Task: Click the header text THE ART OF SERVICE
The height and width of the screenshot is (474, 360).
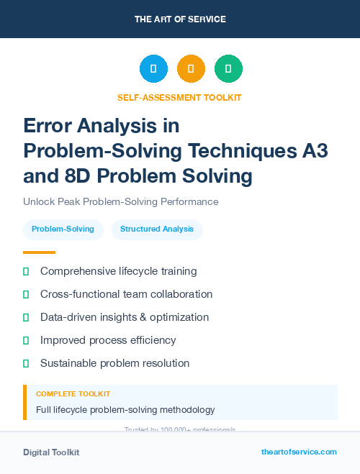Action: click(180, 19)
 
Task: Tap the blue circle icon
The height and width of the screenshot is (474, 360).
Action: click(153, 69)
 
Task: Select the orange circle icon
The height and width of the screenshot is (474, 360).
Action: click(191, 69)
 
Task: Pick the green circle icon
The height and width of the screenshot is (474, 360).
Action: click(228, 69)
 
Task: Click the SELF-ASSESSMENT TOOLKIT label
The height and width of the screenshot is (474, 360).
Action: click(180, 97)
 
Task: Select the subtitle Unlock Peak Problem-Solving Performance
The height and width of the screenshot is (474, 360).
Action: click(120, 202)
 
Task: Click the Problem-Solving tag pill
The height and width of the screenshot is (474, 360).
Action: click(63, 229)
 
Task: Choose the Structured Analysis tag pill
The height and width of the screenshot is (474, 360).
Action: click(157, 229)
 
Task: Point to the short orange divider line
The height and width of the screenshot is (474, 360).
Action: click(39, 252)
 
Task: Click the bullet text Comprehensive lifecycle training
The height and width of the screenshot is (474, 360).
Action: click(118, 271)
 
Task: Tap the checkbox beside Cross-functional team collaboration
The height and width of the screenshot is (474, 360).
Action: click(26, 294)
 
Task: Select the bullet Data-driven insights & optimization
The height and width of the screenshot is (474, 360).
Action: click(125, 317)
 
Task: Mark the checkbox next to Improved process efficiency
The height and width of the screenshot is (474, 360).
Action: click(26, 340)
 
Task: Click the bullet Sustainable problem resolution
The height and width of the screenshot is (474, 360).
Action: click(114, 363)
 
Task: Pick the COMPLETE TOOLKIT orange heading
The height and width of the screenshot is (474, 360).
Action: click(73, 394)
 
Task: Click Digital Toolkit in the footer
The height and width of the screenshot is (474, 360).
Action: click(51, 452)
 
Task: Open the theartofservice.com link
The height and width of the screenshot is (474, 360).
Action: click(299, 452)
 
